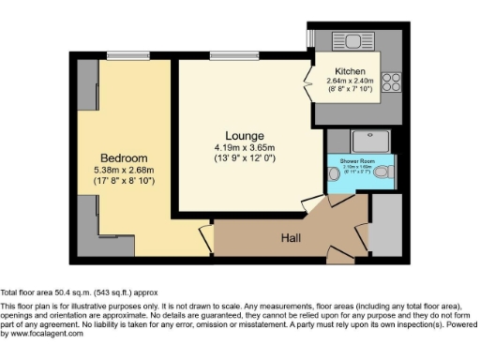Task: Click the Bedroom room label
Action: click(x=124, y=157)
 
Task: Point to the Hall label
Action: click(x=292, y=239)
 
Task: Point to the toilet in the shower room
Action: click(x=384, y=173)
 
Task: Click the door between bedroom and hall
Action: click(x=206, y=240)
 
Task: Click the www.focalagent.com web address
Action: click(x=42, y=333)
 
